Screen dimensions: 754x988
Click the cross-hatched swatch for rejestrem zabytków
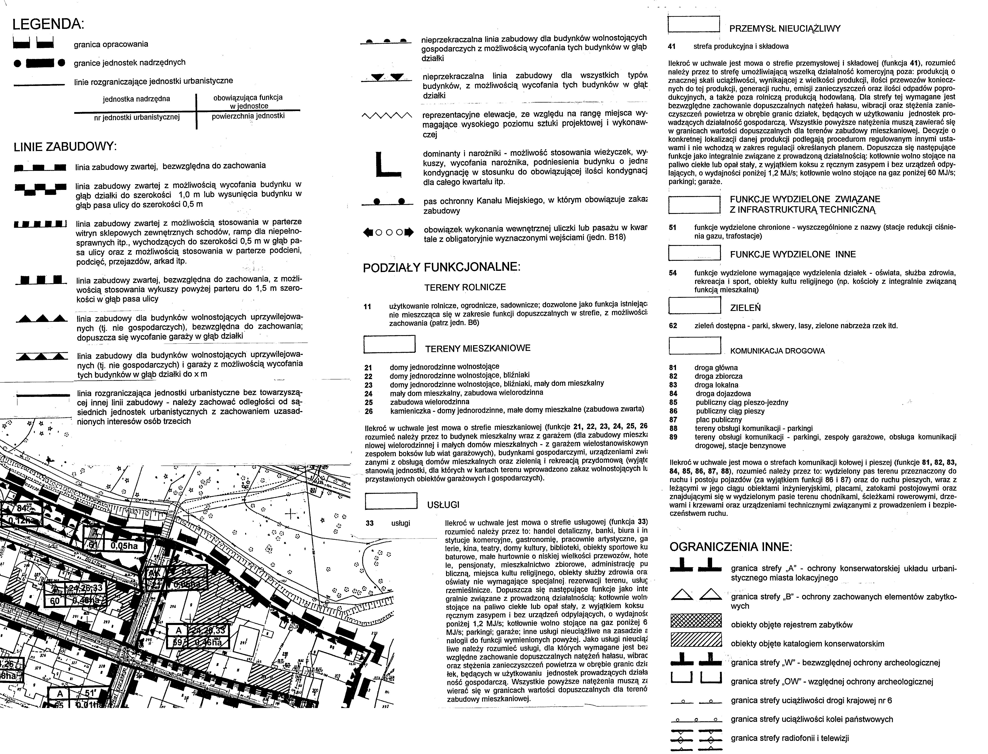696,621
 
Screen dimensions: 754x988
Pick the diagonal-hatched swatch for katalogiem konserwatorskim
696,640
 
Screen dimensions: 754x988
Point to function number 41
672,46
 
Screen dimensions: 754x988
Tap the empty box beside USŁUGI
391,501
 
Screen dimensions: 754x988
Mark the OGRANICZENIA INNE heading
731,547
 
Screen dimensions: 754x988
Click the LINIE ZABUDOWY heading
65,147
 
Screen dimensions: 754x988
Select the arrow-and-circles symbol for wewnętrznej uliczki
388,232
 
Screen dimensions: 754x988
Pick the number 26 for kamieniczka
369,411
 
